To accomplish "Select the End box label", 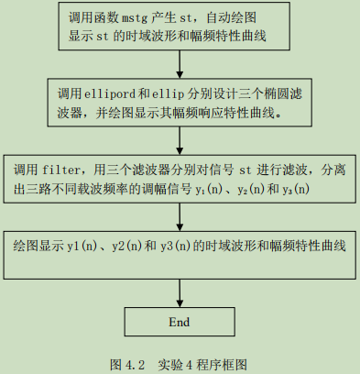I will pyautogui.click(x=180, y=323).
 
